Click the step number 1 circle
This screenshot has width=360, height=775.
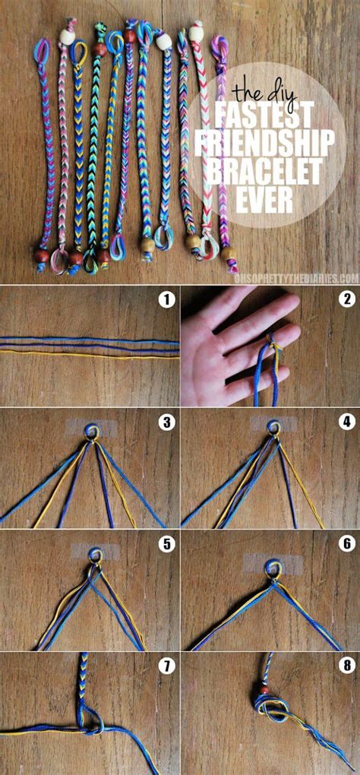(167, 299)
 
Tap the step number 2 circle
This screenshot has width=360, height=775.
(348, 299)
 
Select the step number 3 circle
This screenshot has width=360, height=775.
(167, 422)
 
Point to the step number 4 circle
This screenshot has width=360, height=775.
(348, 422)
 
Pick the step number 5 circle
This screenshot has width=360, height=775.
(167, 544)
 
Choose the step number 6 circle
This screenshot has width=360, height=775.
(348, 544)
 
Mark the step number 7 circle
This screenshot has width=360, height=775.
(167, 666)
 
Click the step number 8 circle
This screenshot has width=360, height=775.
(348, 666)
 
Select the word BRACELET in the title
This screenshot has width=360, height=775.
(265, 172)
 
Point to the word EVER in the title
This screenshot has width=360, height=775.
(265, 200)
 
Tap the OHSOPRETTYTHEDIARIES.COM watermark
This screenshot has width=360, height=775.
(295, 279)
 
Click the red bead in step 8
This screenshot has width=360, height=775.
(265, 690)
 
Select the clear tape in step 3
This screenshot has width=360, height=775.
(91, 428)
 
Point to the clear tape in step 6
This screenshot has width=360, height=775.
(273, 563)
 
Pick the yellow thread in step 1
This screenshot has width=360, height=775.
(90, 353)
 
